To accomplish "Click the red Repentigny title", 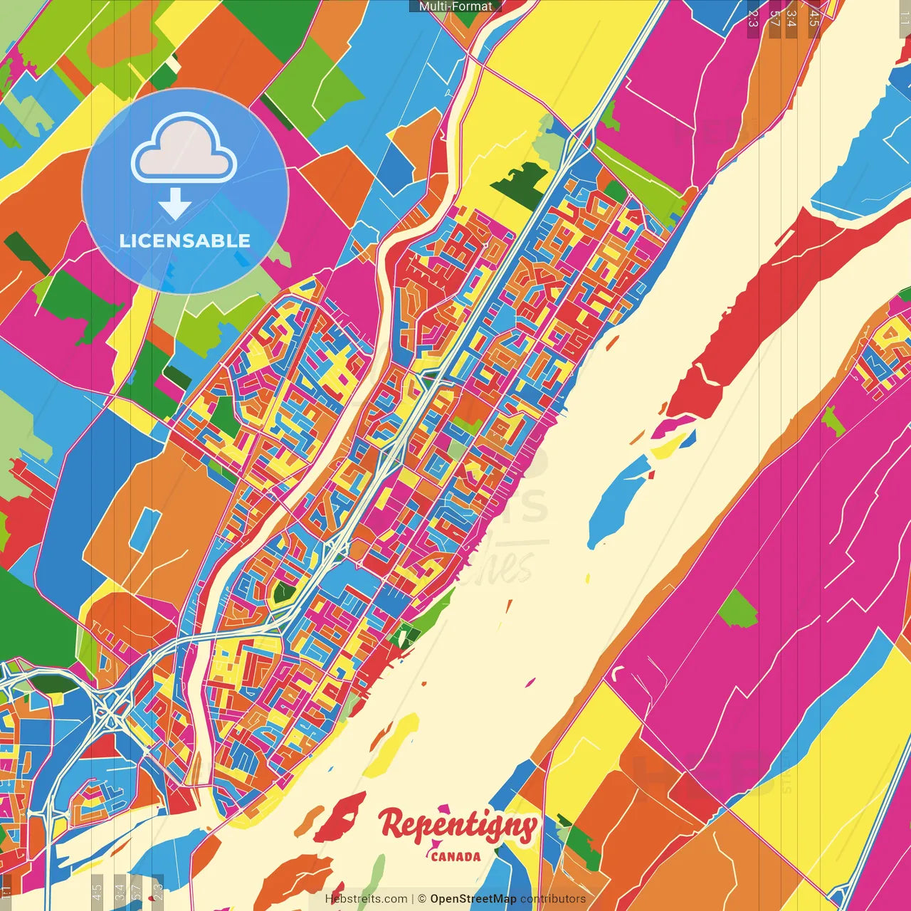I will coord(458,826).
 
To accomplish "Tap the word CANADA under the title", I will coord(455,857).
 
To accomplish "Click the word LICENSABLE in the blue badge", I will coord(185,241).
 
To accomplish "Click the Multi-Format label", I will coord(455,6).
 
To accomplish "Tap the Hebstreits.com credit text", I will coord(366,899).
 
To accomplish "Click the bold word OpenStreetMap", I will coord(473,899).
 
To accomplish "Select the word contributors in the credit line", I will coord(553,899).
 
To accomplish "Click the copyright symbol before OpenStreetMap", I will coord(422,899).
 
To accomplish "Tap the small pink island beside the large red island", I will coord(673,426).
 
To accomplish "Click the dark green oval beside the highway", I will coord(53,683).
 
